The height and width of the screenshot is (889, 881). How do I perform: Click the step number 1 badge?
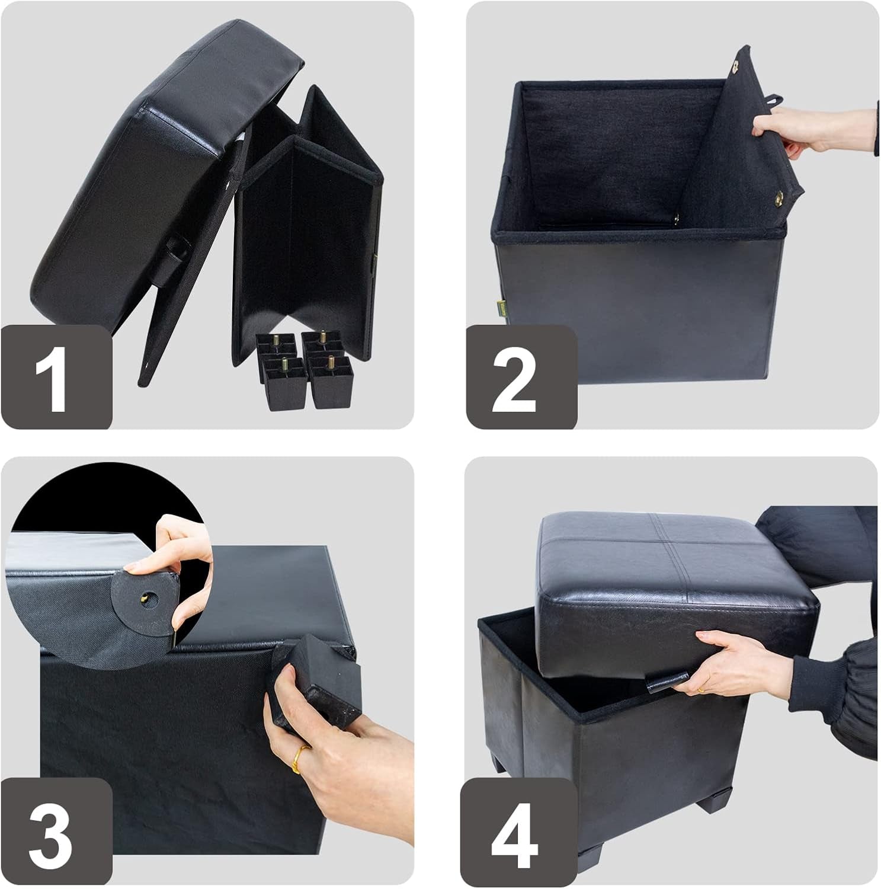tap(56, 377)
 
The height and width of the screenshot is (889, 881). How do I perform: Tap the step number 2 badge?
tap(521, 377)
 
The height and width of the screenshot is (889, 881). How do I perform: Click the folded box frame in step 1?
tap(308, 225)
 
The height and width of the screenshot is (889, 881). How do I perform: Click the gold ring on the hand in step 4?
tap(701, 690)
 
